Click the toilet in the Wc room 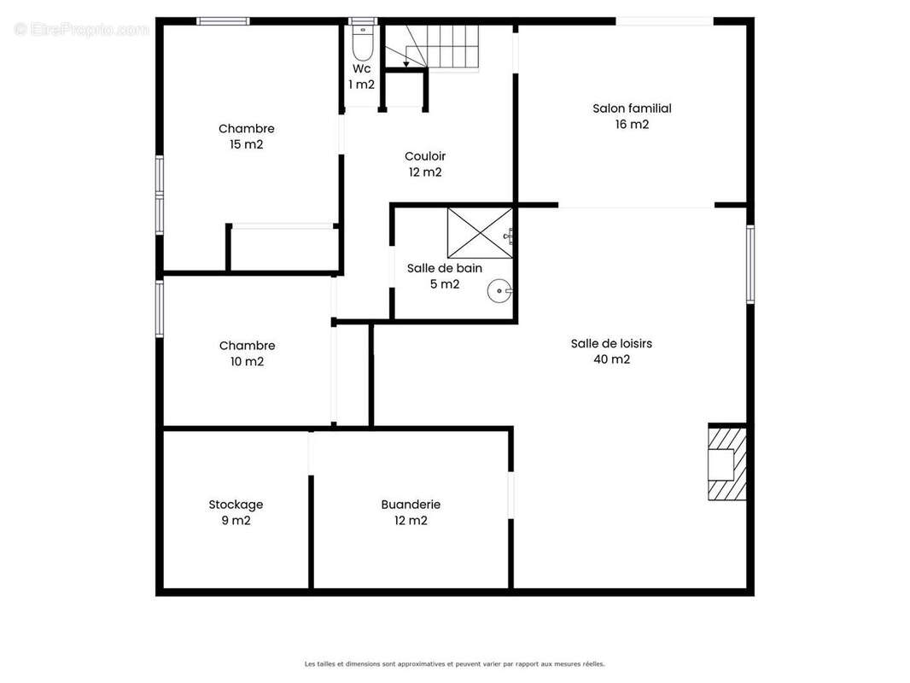pos(363,41)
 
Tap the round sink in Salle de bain pos(499,291)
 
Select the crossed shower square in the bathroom pos(480,233)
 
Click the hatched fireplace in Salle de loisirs pos(726,463)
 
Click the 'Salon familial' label pos(632,108)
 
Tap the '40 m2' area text pos(612,359)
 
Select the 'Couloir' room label pos(425,156)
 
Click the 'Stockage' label pos(236,505)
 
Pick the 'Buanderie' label pos(411,505)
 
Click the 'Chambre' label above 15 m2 pos(246,128)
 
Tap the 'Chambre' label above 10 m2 pos(248,345)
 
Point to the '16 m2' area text pos(632,124)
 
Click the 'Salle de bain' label pos(445,268)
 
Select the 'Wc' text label pos(362,68)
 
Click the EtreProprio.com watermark pos(81,29)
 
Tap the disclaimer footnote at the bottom pos(454,664)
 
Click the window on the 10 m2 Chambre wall pos(160,309)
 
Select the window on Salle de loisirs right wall pos(750,264)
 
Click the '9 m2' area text pos(236,521)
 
